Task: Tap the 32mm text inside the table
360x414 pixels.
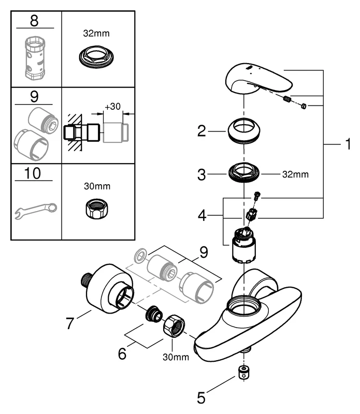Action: pos(97,33)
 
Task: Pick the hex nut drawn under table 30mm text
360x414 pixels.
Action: pos(97,209)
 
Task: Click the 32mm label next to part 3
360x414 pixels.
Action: pos(295,174)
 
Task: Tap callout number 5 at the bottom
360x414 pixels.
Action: pos(203,399)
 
